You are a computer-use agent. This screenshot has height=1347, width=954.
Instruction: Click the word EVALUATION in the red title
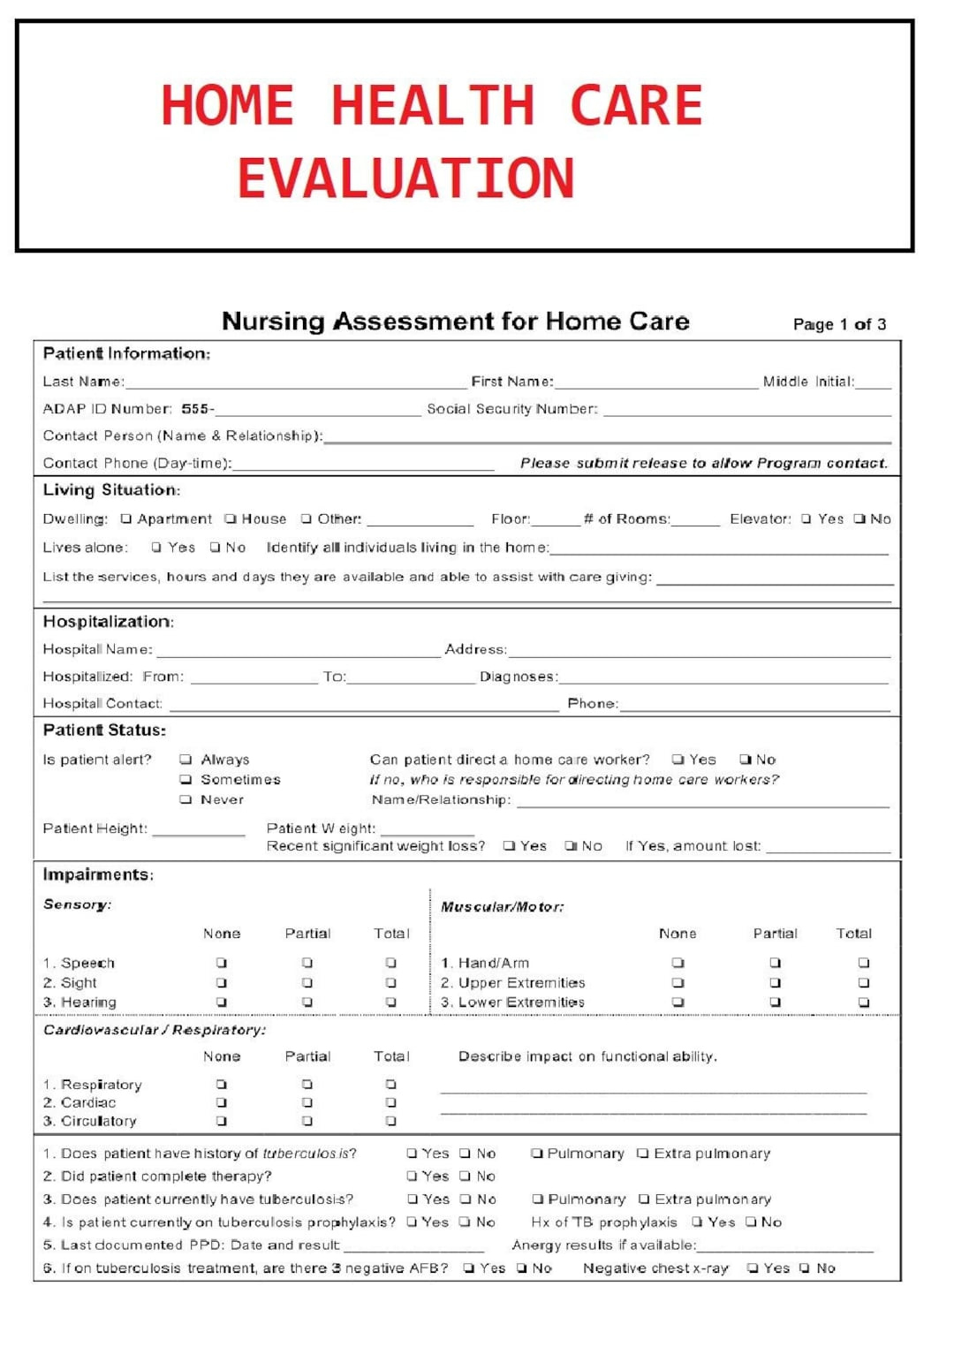click(405, 178)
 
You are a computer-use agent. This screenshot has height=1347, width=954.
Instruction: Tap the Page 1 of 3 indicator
click(838, 324)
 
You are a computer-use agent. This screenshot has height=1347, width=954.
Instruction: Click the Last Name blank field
click(296, 382)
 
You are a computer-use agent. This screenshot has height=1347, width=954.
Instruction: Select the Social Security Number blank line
click(746, 410)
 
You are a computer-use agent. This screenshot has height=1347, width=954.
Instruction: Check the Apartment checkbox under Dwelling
click(126, 519)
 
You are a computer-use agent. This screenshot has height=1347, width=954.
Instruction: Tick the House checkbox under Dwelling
click(231, 519)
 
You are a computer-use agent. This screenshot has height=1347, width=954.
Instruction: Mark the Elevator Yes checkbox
click(806, 519)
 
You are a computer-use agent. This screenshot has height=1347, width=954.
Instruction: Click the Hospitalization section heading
click(108, 622)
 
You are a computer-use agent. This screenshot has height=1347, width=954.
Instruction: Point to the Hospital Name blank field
click(298, 650)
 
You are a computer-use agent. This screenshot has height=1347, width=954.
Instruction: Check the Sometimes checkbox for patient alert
click(185, 780)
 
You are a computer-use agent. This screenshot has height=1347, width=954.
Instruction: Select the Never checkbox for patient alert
click(185, 800)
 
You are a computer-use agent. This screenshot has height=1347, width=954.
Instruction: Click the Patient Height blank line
click(198, 829)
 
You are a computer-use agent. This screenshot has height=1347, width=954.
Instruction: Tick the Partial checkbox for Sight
click(307, 983)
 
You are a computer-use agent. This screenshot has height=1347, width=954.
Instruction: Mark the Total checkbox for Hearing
click(391, 1003)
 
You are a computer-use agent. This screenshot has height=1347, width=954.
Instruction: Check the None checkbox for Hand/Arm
click(678, 963)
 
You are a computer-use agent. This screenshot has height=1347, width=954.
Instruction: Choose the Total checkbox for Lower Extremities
click(864, 1003)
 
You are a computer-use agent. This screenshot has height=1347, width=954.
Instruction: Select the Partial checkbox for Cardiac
click(307, 1103)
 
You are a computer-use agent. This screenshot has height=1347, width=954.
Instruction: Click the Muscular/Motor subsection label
click(502, 907)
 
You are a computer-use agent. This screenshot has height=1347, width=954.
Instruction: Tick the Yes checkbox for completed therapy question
click(413, 1177)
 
